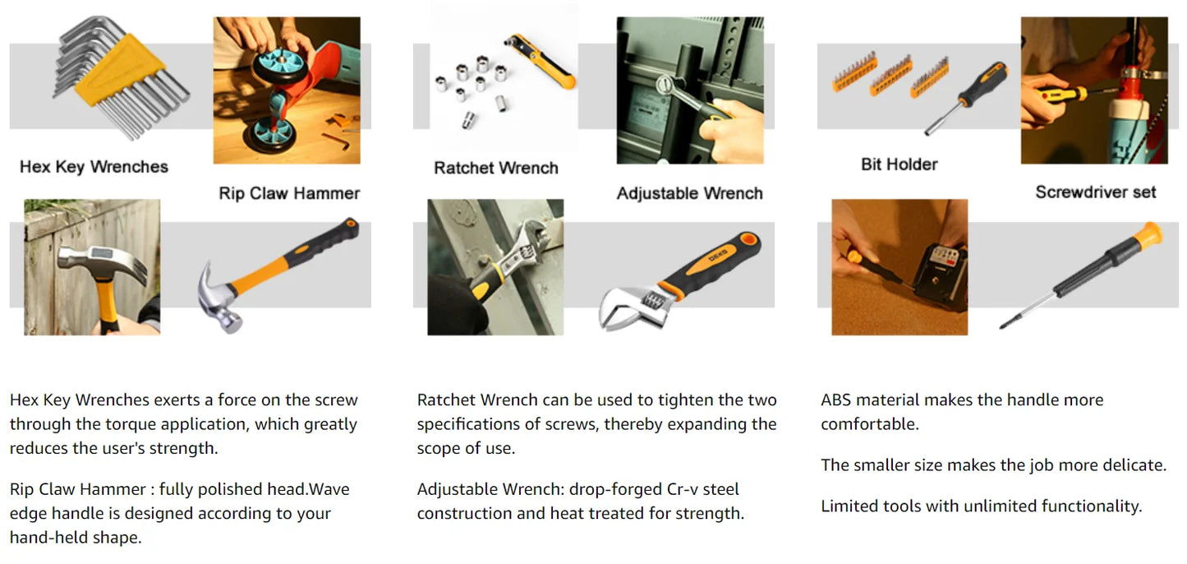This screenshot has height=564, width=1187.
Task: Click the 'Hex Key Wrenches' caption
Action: pos(94,167)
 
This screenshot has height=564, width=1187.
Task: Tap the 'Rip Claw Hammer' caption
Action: pos(289,193)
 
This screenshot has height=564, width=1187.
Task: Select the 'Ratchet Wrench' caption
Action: pos(496,168)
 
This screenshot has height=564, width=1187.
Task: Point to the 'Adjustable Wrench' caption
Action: pos(689,193)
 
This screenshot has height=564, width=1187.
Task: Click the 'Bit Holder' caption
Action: pos(899,164)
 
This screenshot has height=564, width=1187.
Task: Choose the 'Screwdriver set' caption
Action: pos(1096,192)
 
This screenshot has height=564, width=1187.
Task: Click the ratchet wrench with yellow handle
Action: pos(541,61)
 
